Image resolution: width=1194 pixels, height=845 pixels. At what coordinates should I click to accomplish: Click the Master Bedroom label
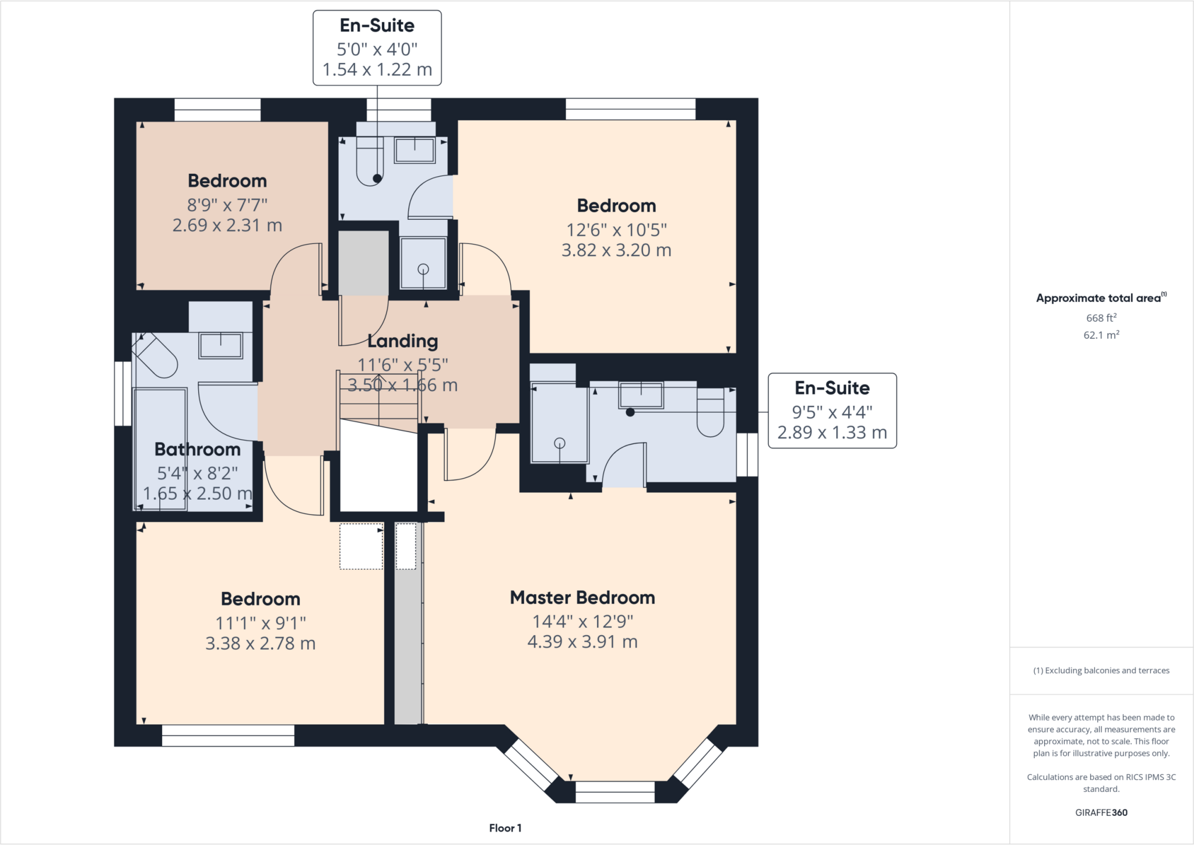pyautogui.click(x=582, y=598)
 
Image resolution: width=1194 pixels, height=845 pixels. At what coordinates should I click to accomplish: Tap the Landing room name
pyautogui.click(x=402, y=341)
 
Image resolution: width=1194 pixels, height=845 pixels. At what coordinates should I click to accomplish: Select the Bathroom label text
pyautogui.click(x=198, y=450)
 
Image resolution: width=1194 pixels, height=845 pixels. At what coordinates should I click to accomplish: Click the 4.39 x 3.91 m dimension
pyautogui.click(x=582, y=642)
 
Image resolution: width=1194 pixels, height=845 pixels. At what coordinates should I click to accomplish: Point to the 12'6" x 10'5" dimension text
pyautogui.click(x=616, y=230)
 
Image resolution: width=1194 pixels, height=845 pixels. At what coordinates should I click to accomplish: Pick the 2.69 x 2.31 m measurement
pyautogui.click(x=227, y=225)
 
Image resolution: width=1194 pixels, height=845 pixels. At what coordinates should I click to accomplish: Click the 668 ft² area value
pyautogui.click(x=1101, y=318)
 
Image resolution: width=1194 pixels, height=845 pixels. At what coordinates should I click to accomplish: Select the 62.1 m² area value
pyautogui.click(x=1101, y=335)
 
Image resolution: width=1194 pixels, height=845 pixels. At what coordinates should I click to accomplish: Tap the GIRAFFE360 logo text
pyautogui.click(x=1101, y=812)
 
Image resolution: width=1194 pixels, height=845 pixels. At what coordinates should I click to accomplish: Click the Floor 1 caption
pyautogui.click(x=505, y=828)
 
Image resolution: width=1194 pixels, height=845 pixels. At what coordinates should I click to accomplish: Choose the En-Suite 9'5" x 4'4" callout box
pyautogui.click(x=832, y=411)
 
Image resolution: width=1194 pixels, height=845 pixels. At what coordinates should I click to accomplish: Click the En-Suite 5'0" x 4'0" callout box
pyautogui.click(x=377, y=48)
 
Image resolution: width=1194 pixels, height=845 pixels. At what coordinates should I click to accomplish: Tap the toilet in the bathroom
pyautogui.click(x=154, y=355)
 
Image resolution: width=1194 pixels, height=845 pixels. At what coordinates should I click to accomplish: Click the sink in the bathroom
pyautogui.click(x=221, y=346)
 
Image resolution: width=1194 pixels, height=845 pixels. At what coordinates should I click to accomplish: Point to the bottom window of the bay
pyautogui.click(x=615, y=792)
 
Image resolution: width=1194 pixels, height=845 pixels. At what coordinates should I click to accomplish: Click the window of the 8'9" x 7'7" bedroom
pyautogui.click(x=217, y=110)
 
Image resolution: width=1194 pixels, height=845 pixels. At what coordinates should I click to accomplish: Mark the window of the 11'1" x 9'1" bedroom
pyautogui.click(x=228, y=735)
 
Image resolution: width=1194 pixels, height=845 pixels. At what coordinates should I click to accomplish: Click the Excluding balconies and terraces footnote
pyautogui.click(x=1101, y=671)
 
